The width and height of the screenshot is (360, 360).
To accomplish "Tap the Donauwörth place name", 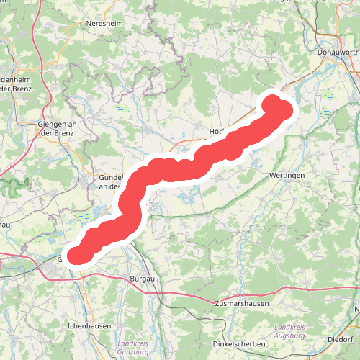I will point(337,52).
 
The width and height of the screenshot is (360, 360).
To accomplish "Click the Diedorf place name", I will point(340,338).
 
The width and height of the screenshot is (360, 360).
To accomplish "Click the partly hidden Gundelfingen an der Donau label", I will point(111,181).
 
